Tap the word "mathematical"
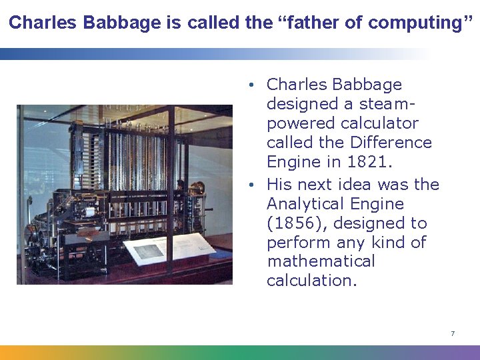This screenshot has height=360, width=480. [321, 261]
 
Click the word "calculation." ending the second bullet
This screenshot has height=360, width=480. [312, 281]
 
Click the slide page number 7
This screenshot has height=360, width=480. [453, 333]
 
